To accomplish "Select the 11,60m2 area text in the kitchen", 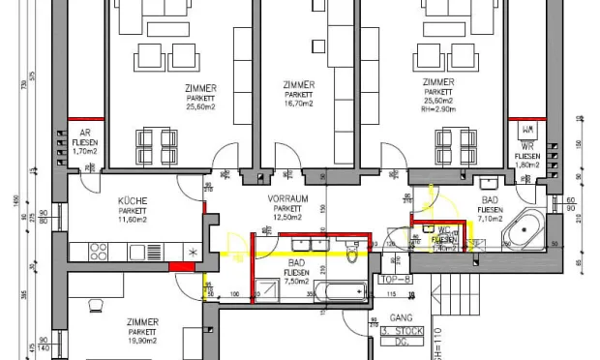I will click(133, 220).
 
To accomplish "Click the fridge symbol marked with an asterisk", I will click(192, 252).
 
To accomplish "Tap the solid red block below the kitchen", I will click(181, 266).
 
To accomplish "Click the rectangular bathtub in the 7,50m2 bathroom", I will click(340, 290).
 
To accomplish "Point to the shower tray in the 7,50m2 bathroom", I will click(266, 289).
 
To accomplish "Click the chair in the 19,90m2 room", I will click(97, 306).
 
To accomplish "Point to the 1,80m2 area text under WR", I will click(527, 165).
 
